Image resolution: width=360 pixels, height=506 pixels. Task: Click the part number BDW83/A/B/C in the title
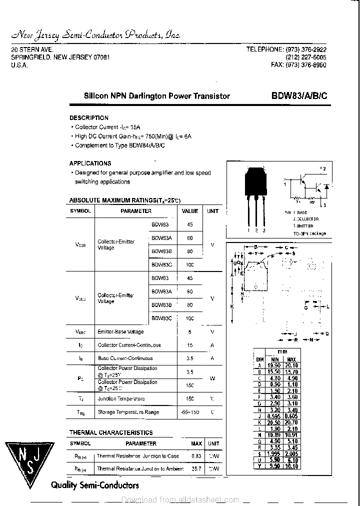coord(299,95)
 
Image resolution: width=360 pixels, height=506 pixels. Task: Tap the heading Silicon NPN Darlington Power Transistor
coord(156,95)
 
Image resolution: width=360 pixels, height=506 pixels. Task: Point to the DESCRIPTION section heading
coord(88,118)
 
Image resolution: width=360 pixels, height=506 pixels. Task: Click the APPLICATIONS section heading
coord(90,163)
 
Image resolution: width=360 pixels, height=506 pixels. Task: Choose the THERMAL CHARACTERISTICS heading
coord(111,432)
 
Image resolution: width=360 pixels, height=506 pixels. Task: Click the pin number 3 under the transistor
coord(263,230)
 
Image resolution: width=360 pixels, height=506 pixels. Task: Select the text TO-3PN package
coord(309,233)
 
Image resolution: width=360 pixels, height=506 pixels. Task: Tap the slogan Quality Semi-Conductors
coord(95,485)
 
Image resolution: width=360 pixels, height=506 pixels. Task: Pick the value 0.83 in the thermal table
coord(196,456)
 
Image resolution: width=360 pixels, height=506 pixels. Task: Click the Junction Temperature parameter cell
coord(121,399)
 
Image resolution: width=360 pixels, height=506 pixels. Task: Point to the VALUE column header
coord(190,211)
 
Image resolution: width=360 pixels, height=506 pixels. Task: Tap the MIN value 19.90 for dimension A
coord(274,365)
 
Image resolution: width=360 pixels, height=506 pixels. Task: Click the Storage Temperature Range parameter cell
coord(128,412)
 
